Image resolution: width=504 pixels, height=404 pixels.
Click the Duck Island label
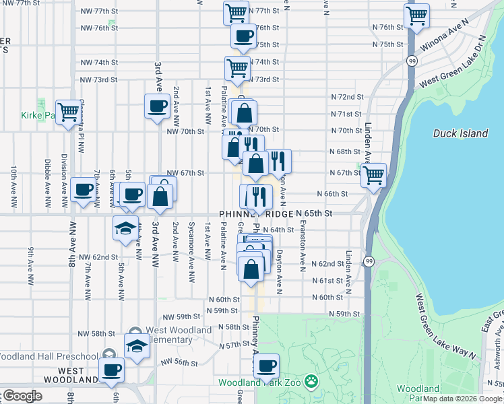[460, 133]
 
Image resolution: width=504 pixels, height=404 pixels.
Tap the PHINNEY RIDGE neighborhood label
[256, 213]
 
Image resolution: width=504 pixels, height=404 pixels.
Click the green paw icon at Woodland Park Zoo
[311, 382]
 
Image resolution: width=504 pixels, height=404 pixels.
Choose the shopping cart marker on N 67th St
[373, 175]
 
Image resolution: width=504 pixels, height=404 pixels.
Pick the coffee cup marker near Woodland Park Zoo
[267, 366]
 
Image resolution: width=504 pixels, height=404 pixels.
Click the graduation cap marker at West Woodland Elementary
[137, 346]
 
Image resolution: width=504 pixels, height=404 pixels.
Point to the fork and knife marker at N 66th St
[257, 197]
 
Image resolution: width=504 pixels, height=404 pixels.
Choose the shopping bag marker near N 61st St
[251, 268]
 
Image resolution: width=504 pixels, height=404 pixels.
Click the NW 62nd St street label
[98, 257]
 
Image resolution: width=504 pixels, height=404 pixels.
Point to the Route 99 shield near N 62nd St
[369, 261]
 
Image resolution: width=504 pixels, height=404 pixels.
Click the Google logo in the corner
[22, 396]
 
